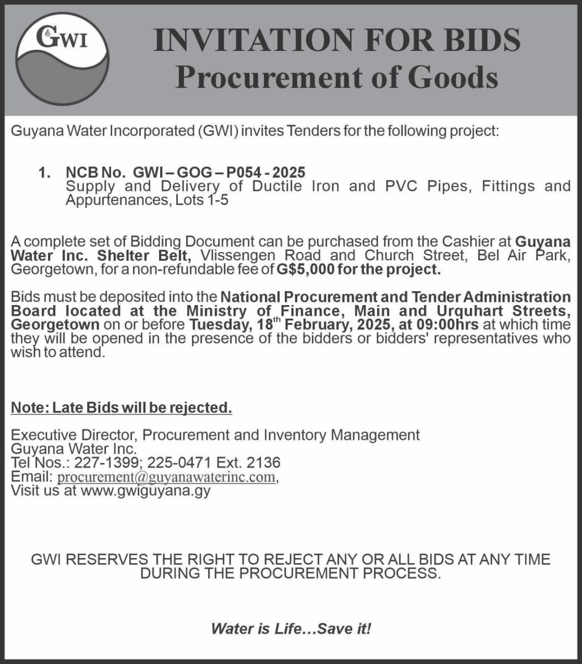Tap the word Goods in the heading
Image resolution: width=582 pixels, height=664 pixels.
453,77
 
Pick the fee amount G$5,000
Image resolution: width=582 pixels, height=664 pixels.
305,269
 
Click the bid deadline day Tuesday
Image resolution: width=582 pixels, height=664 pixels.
218,325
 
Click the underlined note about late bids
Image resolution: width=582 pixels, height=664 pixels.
122,408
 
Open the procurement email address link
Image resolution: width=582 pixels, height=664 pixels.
166,477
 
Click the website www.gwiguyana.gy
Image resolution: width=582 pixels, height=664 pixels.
145,490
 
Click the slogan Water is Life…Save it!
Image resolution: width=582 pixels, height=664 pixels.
291,628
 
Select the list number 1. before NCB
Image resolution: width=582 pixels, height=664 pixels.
45,172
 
